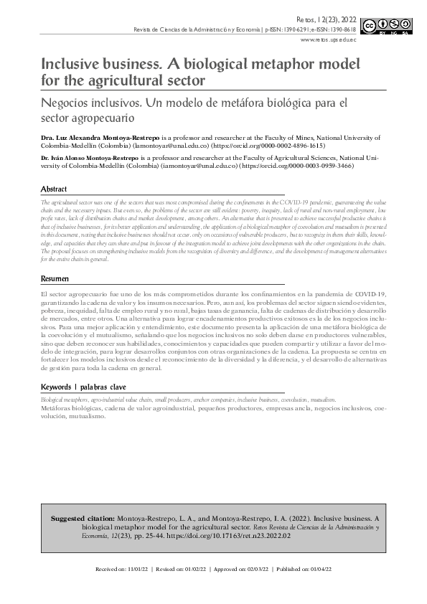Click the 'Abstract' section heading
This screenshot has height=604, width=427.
click(55, 189)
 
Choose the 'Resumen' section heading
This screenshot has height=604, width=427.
click(55, 278)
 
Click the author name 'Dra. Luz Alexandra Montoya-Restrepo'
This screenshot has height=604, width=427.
click(101, 136)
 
